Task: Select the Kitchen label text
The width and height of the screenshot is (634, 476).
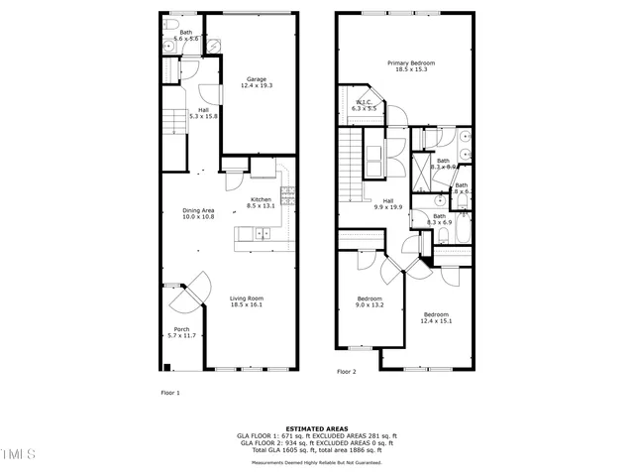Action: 261,202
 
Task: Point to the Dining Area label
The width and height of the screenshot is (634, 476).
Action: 198,213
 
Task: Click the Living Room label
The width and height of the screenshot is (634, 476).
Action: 246,301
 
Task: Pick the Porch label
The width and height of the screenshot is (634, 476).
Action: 181,332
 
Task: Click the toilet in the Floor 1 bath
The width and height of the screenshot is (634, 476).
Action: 171,23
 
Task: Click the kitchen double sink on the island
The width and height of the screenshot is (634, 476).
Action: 263,234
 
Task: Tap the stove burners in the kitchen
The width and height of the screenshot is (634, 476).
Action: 289,195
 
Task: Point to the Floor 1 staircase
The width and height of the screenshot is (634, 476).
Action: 174,127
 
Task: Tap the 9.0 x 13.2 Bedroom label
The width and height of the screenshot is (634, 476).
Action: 370,301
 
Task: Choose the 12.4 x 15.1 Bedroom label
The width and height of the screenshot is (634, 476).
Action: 436,316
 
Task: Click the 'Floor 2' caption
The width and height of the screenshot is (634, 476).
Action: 346,372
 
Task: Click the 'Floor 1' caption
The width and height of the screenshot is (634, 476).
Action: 170,392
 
